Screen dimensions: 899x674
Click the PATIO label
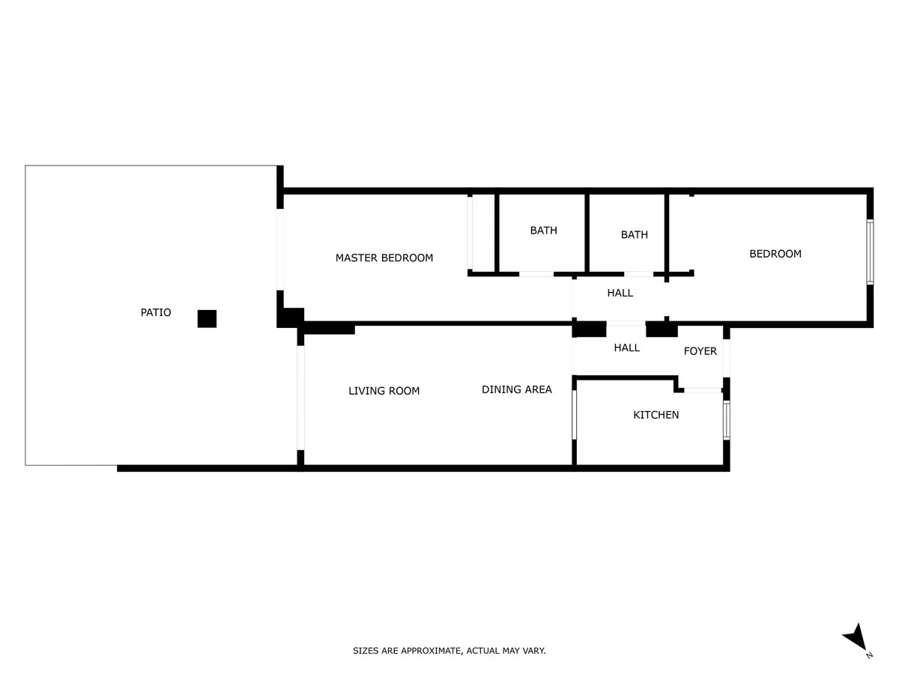[156, 312]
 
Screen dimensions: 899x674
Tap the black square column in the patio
[207, 319]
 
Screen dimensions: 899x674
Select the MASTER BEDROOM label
[384, 258]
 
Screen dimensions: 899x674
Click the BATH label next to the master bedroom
[543, 231]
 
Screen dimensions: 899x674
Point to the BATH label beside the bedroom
[635, 234]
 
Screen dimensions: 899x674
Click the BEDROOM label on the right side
[775, 254]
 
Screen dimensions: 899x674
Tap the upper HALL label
[620, 293]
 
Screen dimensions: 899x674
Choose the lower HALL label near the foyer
[626, 347]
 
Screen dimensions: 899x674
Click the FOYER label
[700, 351]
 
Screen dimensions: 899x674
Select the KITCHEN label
[656, 415]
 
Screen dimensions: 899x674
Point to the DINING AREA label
[517, 389]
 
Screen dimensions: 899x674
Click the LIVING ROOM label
[384, 391]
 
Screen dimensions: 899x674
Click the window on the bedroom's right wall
[870, 252]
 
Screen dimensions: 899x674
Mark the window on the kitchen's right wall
[726, 420]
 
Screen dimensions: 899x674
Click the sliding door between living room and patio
[300, 398]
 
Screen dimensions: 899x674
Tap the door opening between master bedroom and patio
[280, 249]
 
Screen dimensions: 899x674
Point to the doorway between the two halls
[626, 324]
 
